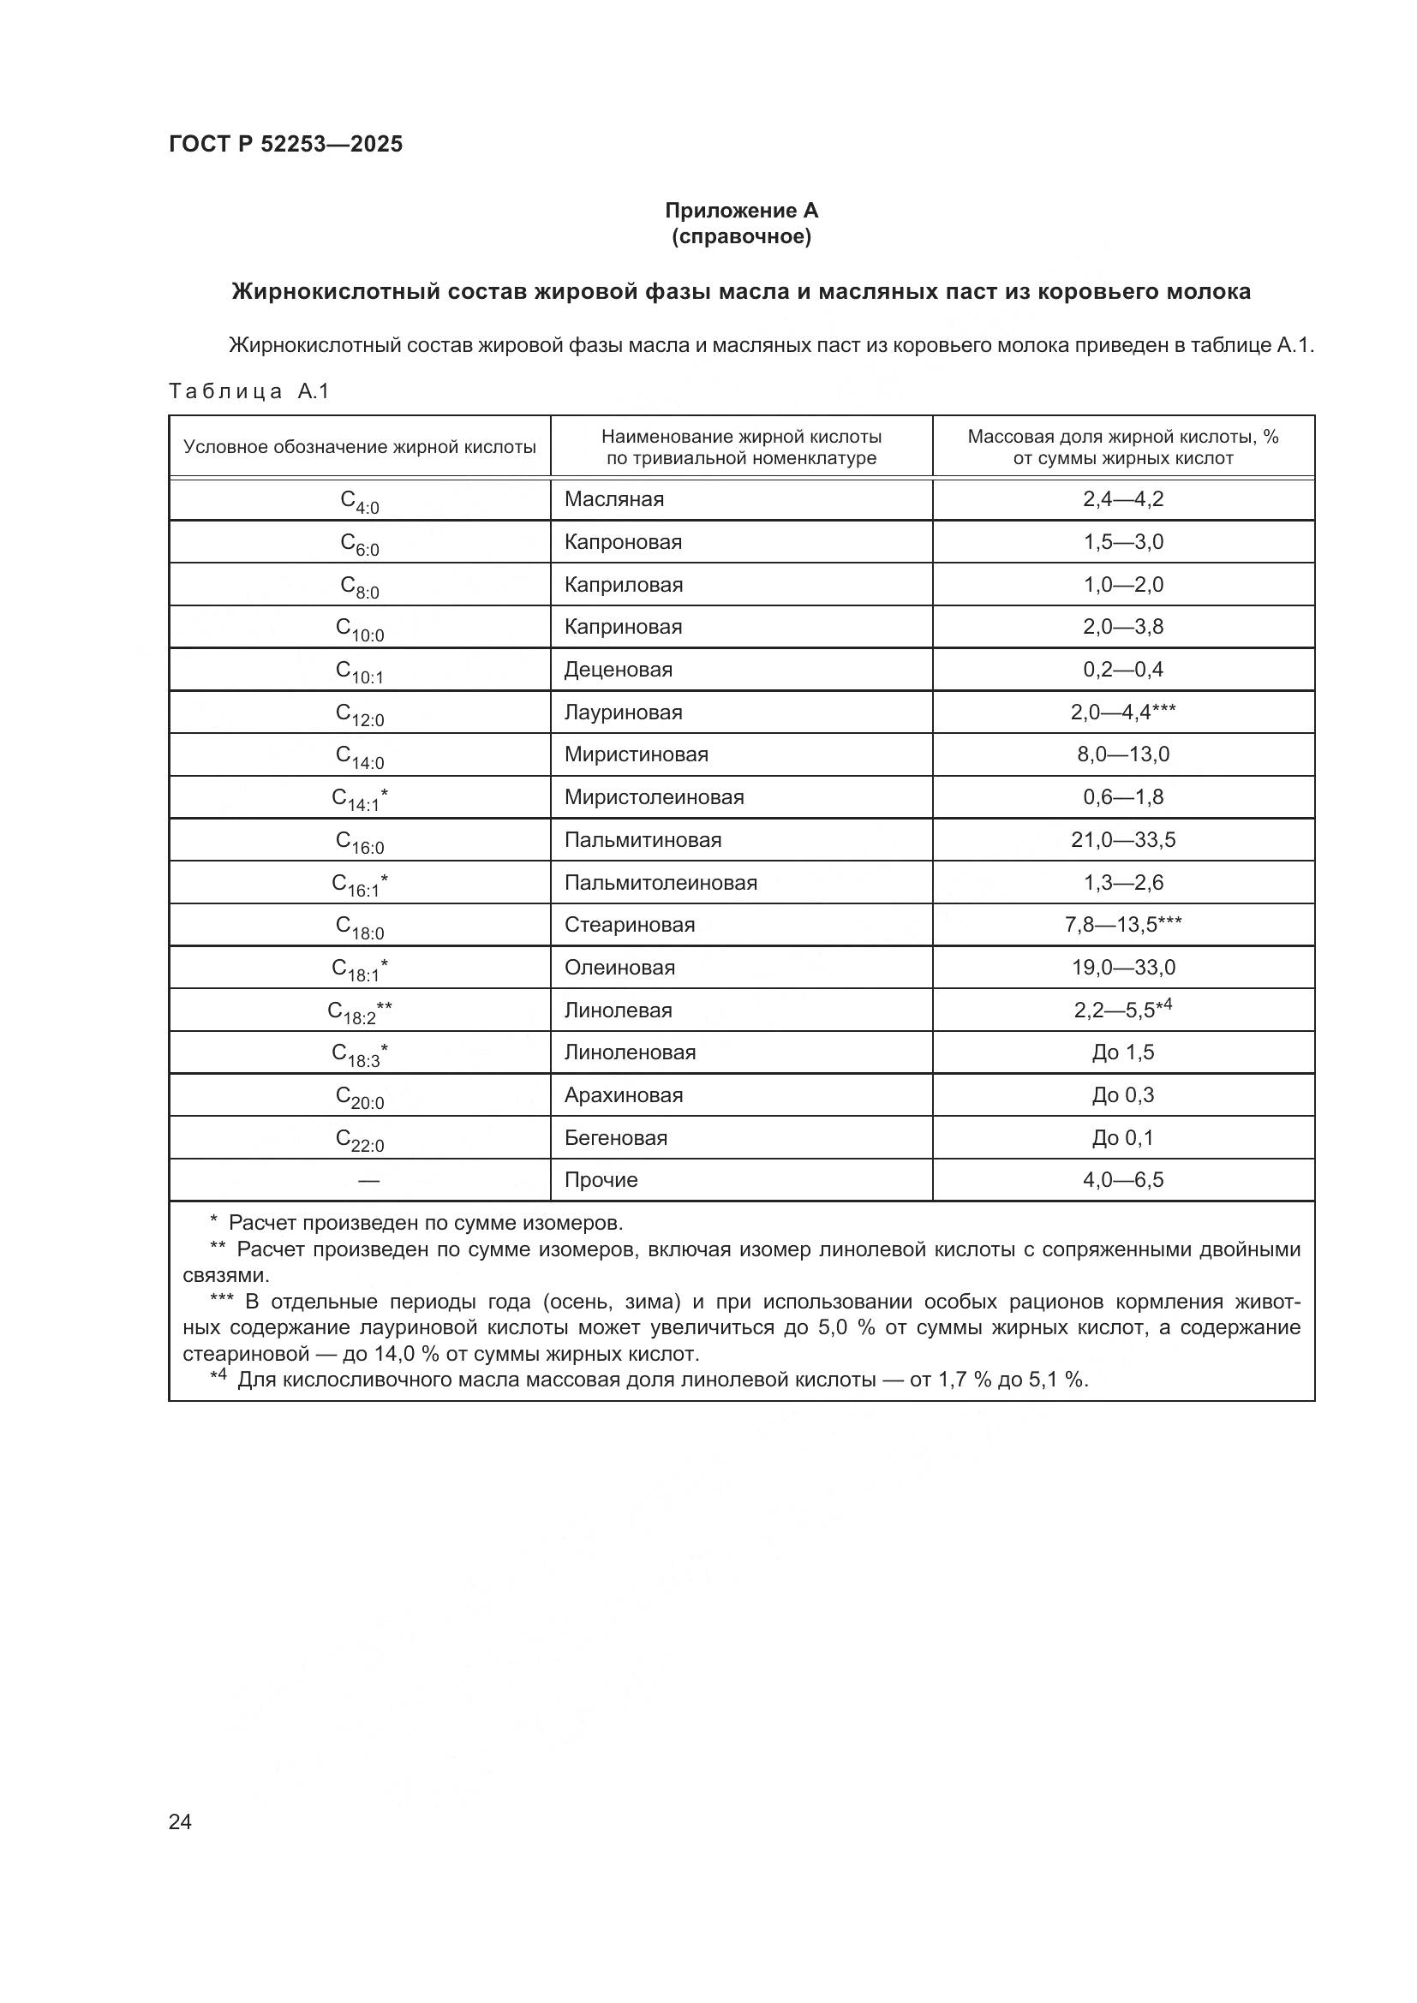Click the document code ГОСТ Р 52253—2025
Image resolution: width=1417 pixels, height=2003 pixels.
tap(285, 144)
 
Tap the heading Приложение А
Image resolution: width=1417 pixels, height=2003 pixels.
tap(741, 211)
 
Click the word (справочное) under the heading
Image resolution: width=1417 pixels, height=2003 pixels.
tap(741, 236)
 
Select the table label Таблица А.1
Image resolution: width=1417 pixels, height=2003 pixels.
tap(248, 390)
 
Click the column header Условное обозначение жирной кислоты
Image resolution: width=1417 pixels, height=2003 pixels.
tap(360, 447)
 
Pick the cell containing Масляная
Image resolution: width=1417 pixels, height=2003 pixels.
tap(613, 499)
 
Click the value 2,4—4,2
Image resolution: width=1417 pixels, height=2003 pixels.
tap(1123, 499)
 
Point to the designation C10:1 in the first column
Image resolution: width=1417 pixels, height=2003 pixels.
tap(360, 671)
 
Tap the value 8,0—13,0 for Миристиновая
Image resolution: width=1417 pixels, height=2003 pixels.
tap(1123, 754)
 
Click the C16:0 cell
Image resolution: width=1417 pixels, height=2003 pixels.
tap(360, 842)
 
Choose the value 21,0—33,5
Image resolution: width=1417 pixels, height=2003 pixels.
tap(1123, 840)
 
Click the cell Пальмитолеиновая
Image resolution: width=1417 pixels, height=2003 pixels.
tap(661, 882)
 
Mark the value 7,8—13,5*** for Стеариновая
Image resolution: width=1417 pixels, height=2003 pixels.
tap(1123, 925)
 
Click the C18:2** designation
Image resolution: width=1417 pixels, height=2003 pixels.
tap(360, 1012)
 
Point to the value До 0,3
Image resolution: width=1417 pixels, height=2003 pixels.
tap(1123, 1095)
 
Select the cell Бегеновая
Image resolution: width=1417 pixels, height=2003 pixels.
tap(615, 1137)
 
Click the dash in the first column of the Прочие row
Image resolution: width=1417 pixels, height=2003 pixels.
tap(368, 1180)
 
